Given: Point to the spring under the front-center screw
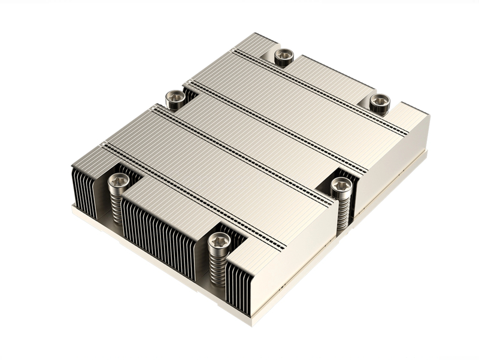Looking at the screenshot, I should click(217, 270).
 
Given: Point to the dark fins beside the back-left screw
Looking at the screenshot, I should click(190, 95).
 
